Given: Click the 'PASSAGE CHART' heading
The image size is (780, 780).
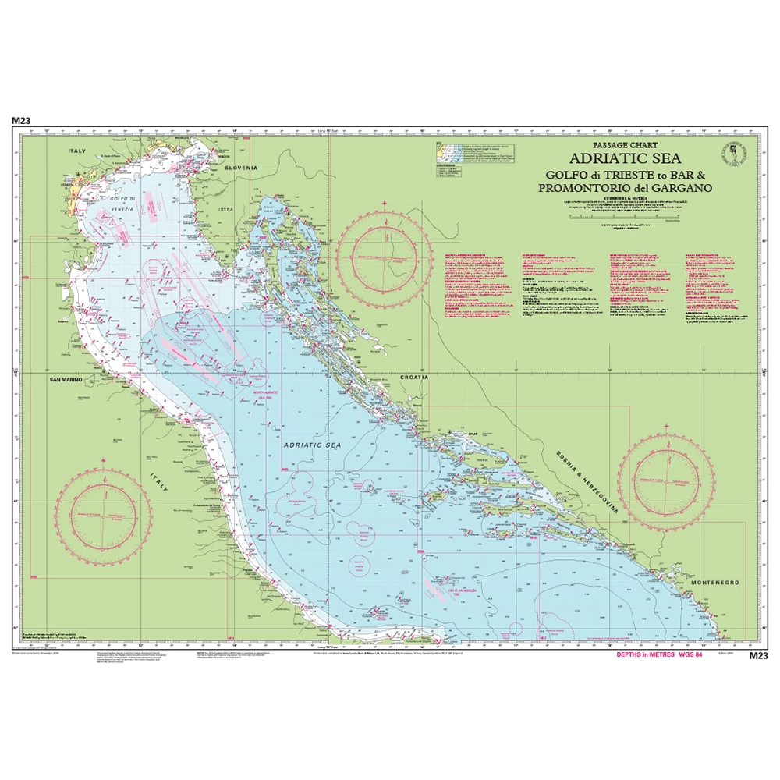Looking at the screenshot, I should click(x=625, y=145).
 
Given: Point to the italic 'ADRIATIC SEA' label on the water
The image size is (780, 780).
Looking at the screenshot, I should click(x=313, y=444).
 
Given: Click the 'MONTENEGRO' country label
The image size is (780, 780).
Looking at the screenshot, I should click(x=714, y=583).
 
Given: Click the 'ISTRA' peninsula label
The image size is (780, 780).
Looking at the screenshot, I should click(x=225, y=210).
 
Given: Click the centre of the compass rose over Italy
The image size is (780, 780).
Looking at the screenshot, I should click(x=104, y=516).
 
